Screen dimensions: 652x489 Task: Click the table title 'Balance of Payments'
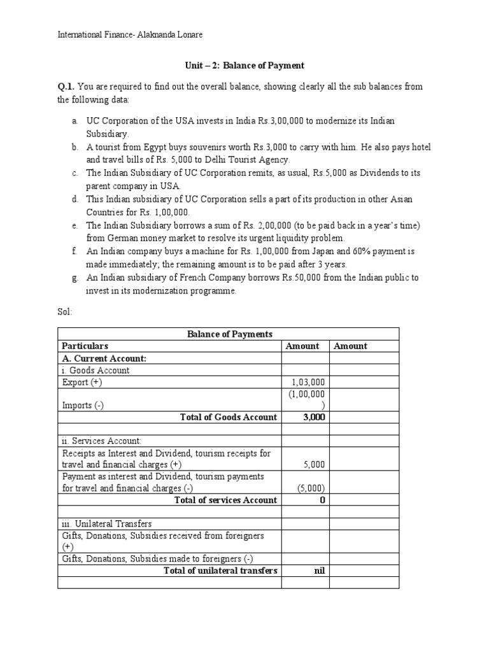click(x=229, y=334)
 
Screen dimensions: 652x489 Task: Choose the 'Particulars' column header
click(x=85, y=346)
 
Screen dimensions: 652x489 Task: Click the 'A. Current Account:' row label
click(x=104, y=358)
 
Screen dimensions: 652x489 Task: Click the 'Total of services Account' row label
click(x=225, y=500)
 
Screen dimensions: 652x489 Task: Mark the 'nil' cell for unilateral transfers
click(x=320, y=570)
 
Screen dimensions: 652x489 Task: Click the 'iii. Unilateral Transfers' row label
click(x=107, y=523)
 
